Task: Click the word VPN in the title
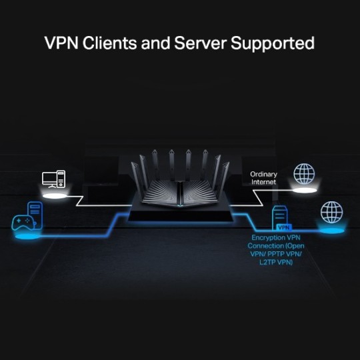tap(62, 43)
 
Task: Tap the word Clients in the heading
tap(113, 43)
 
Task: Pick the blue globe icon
tap(331, 212)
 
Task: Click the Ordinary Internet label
tap(264, 178)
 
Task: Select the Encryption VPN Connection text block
tap(275, 250)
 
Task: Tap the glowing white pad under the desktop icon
tap(54, 195)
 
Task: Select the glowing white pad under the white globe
tap(305, 191)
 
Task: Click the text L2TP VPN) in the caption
tap(275, 263)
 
